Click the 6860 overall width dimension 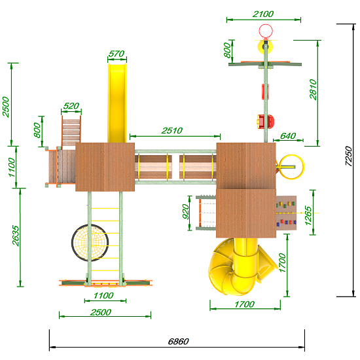pyautogui.click(x=179, y=342)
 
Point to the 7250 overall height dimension pyautogui.click(x=348, y=156)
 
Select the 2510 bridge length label pyautogui.click(x=172, y=131)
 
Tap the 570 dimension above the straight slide pyautogui.click(x=117, y=54)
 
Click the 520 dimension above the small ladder pyautogui.click(x=71, y=106)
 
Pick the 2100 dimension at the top pyautogui.click(x=263, y=14)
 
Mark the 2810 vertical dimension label pyautogui.click(x=313, y=90)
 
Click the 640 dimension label pyautogui.click(x=288, y=136)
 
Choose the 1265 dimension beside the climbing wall pyautogui.click(x=308, y=216)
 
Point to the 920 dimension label pyautogui.click(x=185, y=211)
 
